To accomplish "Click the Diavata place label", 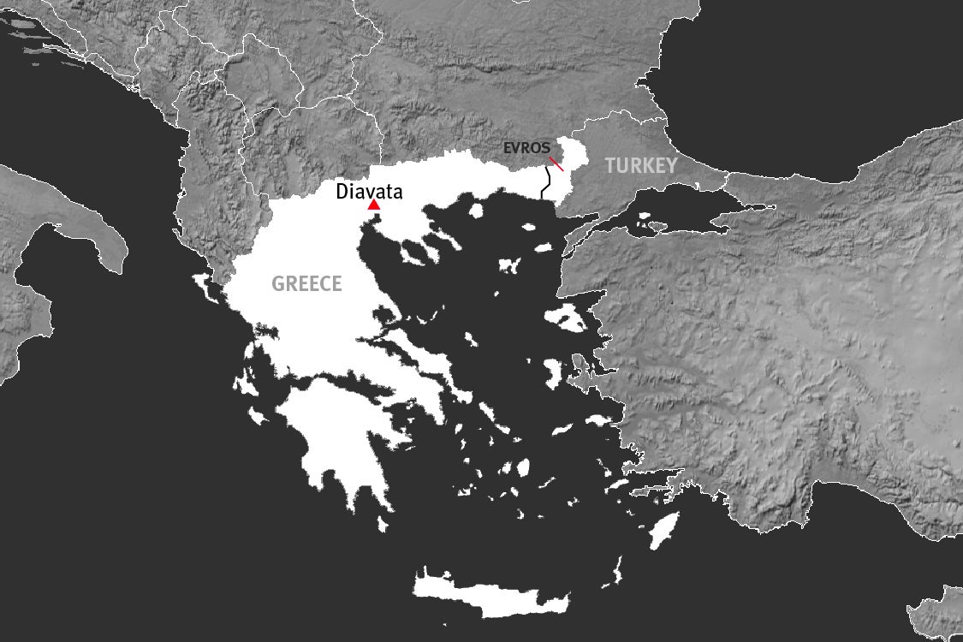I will (x=369, y=192).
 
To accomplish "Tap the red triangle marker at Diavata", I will (x=373, y=205).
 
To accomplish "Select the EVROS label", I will (x=526, y=148).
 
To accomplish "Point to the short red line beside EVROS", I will (x=556, y=163).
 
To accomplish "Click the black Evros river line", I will (x=544, y=183).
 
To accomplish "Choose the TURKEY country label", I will (x=641, y=166).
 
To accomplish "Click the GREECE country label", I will (x=306, y=284).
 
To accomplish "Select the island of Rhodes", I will (x=664, y=530).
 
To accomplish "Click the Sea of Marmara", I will (x=676, y=210).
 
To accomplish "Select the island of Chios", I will (x=553, y=371).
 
